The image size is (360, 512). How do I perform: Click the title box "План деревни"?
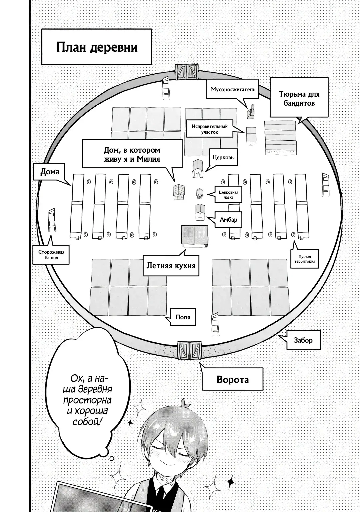[97, 47]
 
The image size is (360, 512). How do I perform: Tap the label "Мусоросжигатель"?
[233, 89]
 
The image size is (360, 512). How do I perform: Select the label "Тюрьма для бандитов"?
[299, 99]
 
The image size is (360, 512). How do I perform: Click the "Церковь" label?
[224, 157]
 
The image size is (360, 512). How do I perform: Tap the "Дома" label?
[50, 172]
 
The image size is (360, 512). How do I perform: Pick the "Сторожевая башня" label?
[51, 255]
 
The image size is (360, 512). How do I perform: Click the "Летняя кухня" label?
[171, 266]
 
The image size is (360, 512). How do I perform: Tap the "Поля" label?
[183, 317]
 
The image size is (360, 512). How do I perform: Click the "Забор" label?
[303, 340]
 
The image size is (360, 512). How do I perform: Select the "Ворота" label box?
[232, 379]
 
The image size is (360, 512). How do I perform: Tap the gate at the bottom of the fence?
[189, 350]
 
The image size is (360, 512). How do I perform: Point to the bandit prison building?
[280, 137]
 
